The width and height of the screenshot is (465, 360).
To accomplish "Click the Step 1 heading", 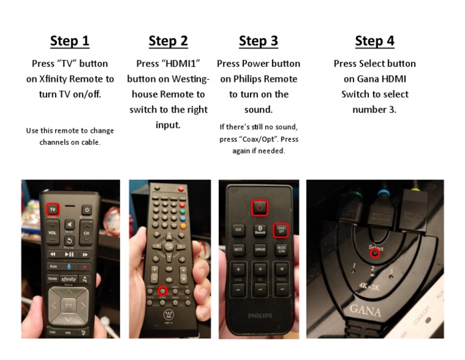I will point(70,41).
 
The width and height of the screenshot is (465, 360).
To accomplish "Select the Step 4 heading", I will point(374,41).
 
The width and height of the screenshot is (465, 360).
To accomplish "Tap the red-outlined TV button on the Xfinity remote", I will point(53,209).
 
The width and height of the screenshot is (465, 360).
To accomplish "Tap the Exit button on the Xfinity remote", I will point(53,265).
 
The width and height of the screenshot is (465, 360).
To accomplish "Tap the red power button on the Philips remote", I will point(259,207).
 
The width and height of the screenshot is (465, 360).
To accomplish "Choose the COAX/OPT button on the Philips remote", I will point(281,230).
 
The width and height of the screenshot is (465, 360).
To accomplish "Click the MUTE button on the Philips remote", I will point(239,248).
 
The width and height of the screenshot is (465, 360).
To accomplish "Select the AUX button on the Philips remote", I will point(239,230).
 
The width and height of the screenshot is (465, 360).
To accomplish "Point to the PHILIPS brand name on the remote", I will point(260,316).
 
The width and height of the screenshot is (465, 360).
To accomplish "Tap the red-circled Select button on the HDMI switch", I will point(375,253).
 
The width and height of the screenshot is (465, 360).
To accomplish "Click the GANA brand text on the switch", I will point(364,310).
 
